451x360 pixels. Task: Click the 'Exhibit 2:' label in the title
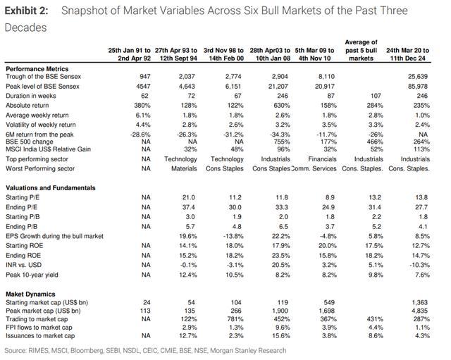26,11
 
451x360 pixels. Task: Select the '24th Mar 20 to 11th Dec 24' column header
407,54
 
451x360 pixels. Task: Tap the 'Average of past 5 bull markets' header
361,50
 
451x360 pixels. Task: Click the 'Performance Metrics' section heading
37,69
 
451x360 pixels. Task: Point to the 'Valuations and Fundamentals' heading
51,188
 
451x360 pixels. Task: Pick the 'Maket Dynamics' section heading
30,294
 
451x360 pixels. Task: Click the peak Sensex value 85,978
418,86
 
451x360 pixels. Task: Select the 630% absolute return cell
282,106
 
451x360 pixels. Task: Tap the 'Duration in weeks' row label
31,96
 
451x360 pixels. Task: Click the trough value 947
144,77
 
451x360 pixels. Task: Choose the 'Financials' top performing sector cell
322,159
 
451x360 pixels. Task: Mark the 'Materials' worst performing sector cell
184,168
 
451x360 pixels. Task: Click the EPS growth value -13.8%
233,236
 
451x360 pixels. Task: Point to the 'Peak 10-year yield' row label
32,275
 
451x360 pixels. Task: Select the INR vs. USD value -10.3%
420,265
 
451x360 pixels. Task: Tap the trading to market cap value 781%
235,319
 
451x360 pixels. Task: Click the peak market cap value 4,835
420,311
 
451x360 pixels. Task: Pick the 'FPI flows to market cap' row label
39,328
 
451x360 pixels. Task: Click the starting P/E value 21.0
189,197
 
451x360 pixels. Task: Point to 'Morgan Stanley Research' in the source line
248,351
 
